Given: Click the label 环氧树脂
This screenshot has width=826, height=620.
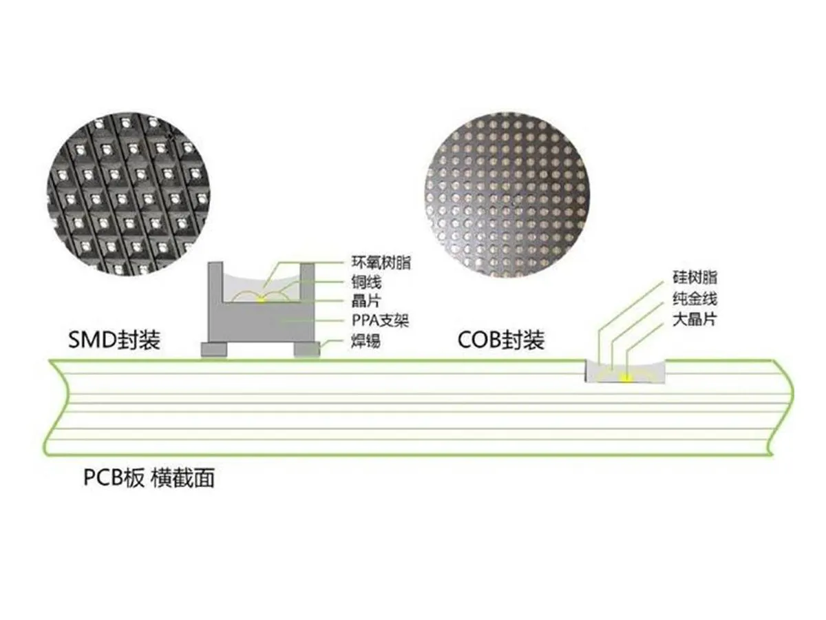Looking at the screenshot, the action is point(381,262).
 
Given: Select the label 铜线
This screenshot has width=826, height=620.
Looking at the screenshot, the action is point(366,282).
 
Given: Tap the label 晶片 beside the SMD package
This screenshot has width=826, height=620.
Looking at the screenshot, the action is point(366,301).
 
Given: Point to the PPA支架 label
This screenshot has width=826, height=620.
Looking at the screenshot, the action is point(380,320).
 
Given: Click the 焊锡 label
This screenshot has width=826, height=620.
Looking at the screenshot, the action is point(366,341).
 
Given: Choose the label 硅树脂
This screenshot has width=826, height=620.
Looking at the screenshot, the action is point(695,278).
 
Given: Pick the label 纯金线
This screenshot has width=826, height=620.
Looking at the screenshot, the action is point(695,299).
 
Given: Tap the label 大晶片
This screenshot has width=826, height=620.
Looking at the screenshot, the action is point(695,320).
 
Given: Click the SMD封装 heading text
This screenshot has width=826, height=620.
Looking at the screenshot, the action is point(114,340).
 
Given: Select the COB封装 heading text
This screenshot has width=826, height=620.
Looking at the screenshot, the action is point(501,340).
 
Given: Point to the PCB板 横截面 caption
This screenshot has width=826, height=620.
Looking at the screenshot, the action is point(149,478).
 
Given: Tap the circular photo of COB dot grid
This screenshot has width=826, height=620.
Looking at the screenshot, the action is point(507,195).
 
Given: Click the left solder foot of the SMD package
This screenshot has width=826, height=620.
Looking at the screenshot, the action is point(214,349).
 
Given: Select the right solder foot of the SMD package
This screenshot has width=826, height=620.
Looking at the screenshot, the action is point(307,349).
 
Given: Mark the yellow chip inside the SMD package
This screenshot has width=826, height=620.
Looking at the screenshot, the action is point(260,300).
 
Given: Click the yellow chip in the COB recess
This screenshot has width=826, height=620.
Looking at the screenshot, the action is point(626,378).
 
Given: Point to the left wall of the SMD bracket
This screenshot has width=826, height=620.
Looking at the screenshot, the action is point(215,282).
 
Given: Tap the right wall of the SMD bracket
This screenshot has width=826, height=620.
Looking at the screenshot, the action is point(307,282).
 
